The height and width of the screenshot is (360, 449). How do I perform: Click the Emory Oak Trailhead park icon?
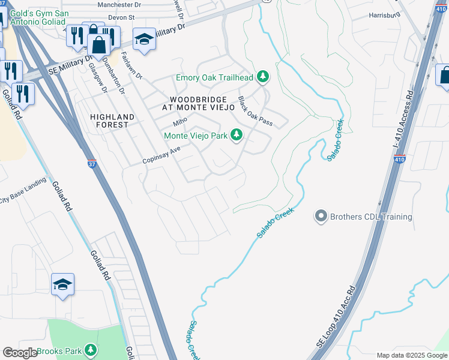(262, 77)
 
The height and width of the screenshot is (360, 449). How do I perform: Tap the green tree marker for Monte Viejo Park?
(237, 136)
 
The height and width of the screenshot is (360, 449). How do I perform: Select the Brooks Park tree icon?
(91, 349)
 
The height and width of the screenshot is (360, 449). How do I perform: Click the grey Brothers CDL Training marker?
(321, 217)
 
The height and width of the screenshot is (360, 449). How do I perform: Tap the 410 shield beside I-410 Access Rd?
(400, 159)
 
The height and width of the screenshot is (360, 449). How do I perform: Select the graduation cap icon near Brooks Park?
(62, 285)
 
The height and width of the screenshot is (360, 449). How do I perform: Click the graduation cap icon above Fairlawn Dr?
(143, 40)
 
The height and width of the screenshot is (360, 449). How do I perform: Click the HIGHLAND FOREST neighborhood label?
(109, 121)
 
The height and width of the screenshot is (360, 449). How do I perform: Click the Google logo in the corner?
(20, 353)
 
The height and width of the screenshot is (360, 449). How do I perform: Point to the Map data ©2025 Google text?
(411, 355)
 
